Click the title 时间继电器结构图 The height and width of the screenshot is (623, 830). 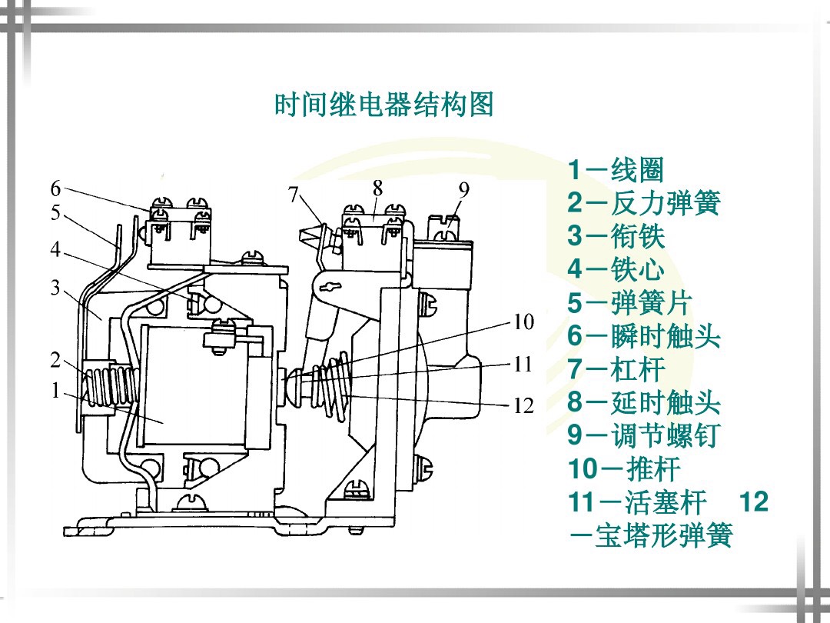pyautogui.click(x=383, y=105)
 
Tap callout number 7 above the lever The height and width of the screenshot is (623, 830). pyautogui.click(x=294, y=195)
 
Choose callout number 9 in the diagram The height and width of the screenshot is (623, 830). pyautogui.click(x=463, y=188)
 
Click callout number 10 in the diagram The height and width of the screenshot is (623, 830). pyautogui.click(x=523, y=322)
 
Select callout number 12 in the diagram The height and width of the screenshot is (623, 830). pyautogui.click(x=523, y=405)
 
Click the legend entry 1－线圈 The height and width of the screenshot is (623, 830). pyautogui.click(x=615, y=171)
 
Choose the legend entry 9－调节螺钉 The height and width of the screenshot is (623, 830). pyautogui.click(x=643, y=435)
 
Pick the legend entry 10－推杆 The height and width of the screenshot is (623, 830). pyautogui.click(x=623, y=468)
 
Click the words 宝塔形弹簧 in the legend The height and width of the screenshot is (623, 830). pyautogui.click(x=664, y=535)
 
